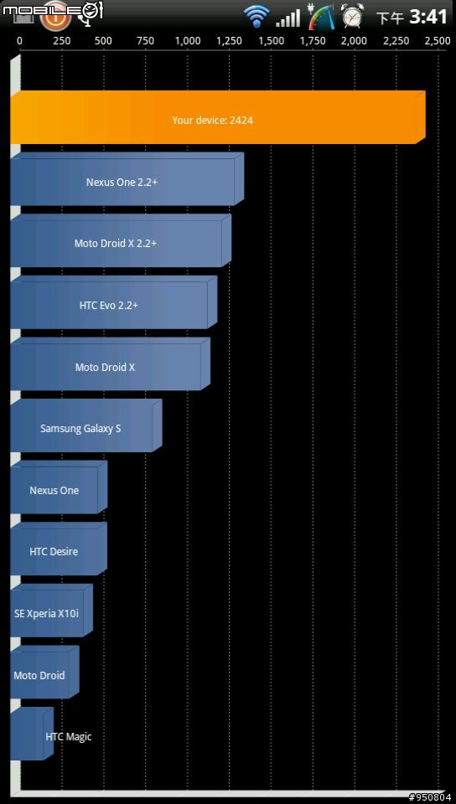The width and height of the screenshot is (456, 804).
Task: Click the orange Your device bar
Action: pyautogui.click(x=218, y=117)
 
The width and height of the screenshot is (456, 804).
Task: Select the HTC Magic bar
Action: pyautogui.click(x=32, y=734)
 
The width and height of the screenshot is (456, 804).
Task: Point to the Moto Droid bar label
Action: pyautogui.click(x=39, y=675)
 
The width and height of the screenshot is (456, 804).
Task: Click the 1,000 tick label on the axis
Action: pyautogui.click(x=188, y=42)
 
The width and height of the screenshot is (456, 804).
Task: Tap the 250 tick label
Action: pyautogui.click(x=62, y=42)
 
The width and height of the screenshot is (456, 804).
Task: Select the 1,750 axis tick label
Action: pyautogui.click(x=313, y=42)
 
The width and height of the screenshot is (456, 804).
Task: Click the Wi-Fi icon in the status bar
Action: pyautogui.click(x=257, y=16)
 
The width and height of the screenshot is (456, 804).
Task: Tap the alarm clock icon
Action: pyautogui.click(x=352, y=16)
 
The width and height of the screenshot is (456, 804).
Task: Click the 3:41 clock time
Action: pyautogui.click(x=428, y=17)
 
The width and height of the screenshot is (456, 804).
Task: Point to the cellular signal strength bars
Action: pyautogui.click(x=288, y=18)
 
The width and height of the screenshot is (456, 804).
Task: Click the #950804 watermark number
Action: pyautogui.click(x=432, y=797)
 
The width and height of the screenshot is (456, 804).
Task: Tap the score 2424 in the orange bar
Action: pyautogui.click(x=241, y=121)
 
